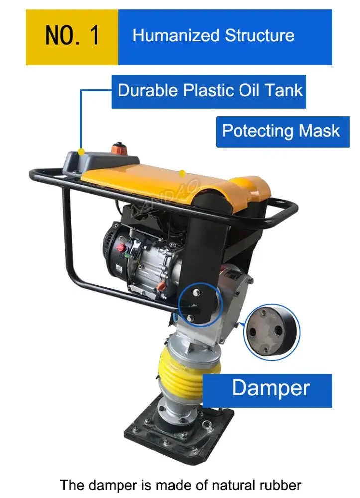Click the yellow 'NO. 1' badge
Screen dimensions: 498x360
(x=72, y=37)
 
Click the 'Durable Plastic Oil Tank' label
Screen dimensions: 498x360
(x=209, y=91)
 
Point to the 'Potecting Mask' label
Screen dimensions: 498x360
(x=281, y=131)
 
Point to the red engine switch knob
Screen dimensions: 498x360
(x=120, y=248)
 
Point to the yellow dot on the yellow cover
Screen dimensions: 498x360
(x=182, y=173)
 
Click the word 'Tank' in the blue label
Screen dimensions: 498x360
(x=284, y=91)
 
